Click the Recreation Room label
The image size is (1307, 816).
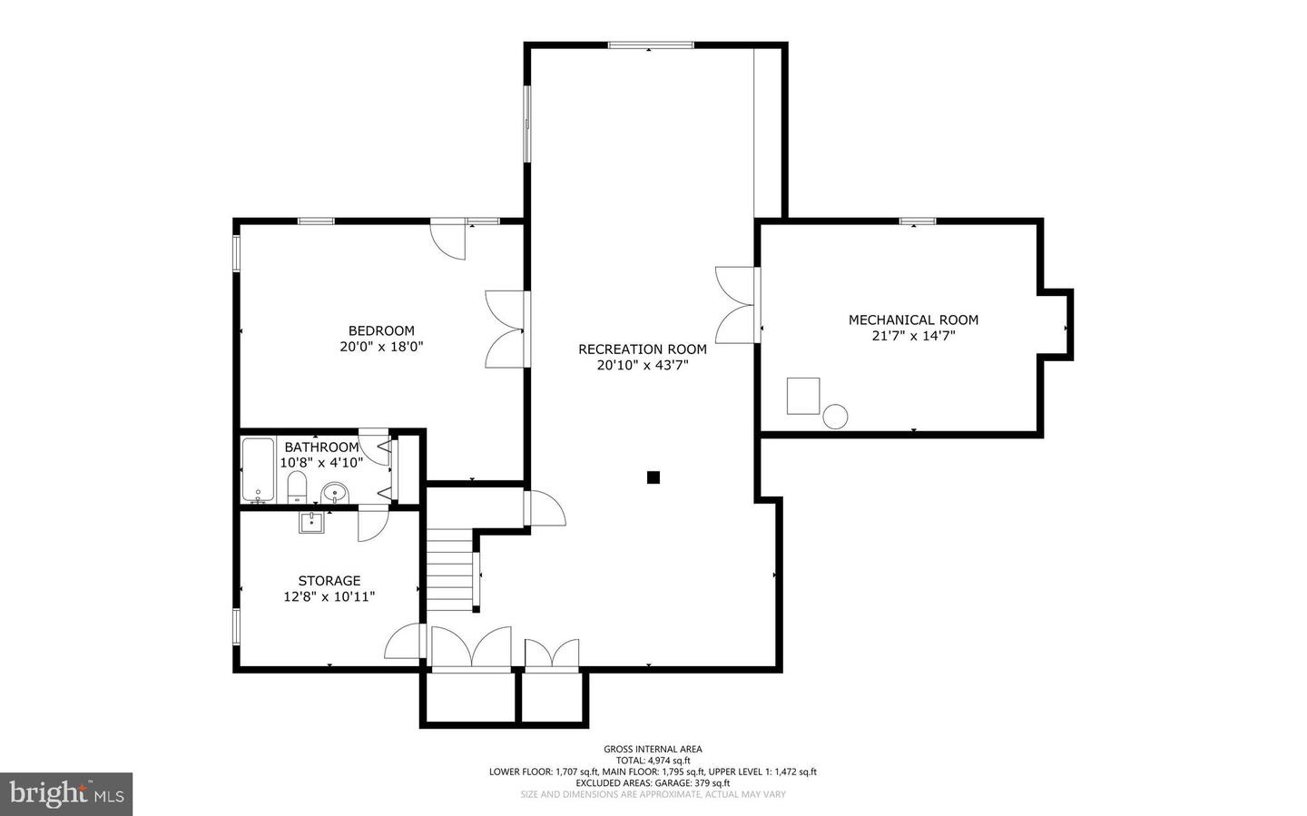point(643,349)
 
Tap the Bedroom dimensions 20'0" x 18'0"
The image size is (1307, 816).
point(381,347)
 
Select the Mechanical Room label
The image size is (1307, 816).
point(913,320)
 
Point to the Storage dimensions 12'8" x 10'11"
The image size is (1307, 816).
point(329,596)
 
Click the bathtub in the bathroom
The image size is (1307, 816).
point(258,470)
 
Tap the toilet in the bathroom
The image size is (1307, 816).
point(297,487)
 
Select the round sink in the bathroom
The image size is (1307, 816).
point(335,493)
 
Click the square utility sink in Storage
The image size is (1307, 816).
point(312,523)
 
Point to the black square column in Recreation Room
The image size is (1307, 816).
point(653,477)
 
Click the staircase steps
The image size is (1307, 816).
point(449,570)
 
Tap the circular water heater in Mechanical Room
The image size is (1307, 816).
point(835,417)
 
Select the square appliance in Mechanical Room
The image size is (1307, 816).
point(803,396)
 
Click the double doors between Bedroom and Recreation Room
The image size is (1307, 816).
point(506,329)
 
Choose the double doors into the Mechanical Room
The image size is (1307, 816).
point(736,305)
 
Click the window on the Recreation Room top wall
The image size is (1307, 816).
point(651,45)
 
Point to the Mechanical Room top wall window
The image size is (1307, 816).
point(918,221)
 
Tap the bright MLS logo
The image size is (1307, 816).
point(66,794)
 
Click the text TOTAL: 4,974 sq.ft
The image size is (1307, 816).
point(653,761)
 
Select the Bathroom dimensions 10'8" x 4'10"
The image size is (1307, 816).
point(321,463)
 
